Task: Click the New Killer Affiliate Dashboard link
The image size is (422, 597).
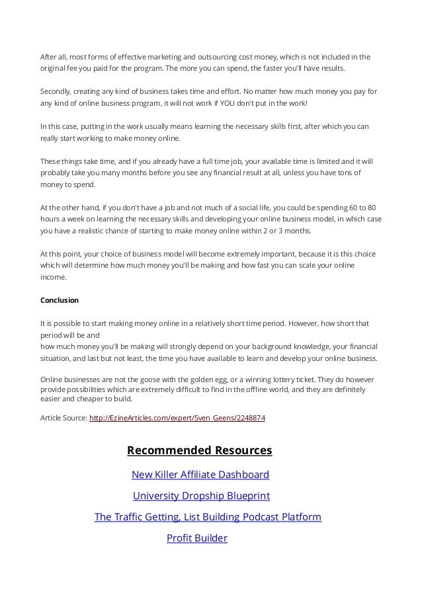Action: pos(200,475)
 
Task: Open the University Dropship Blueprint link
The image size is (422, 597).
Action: pos(201,496)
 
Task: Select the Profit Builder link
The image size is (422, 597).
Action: pos(196,538)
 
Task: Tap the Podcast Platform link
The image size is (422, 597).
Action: pos(208,517)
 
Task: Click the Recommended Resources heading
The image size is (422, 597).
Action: pos(199,451)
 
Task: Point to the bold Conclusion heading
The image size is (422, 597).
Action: pos(60,300)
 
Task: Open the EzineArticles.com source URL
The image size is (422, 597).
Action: pos(177,418)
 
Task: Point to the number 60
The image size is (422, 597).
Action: pos(355,207)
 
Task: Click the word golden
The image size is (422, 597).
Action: pos(194,380)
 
